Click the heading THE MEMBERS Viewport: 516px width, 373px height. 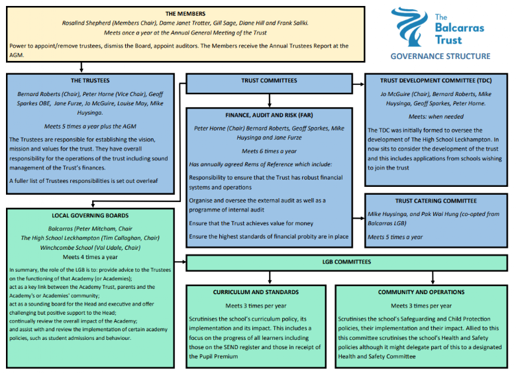tap(185, 13)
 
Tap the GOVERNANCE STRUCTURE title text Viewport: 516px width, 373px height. tap(440, 56)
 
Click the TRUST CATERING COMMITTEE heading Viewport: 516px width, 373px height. tap(436, 201)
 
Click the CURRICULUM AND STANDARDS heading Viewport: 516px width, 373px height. tap(256, 292)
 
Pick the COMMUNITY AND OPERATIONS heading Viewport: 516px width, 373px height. tap(421, 292)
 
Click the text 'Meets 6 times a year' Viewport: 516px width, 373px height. tap(269, 151)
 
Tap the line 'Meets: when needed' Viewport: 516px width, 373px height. tap(436, 116)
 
